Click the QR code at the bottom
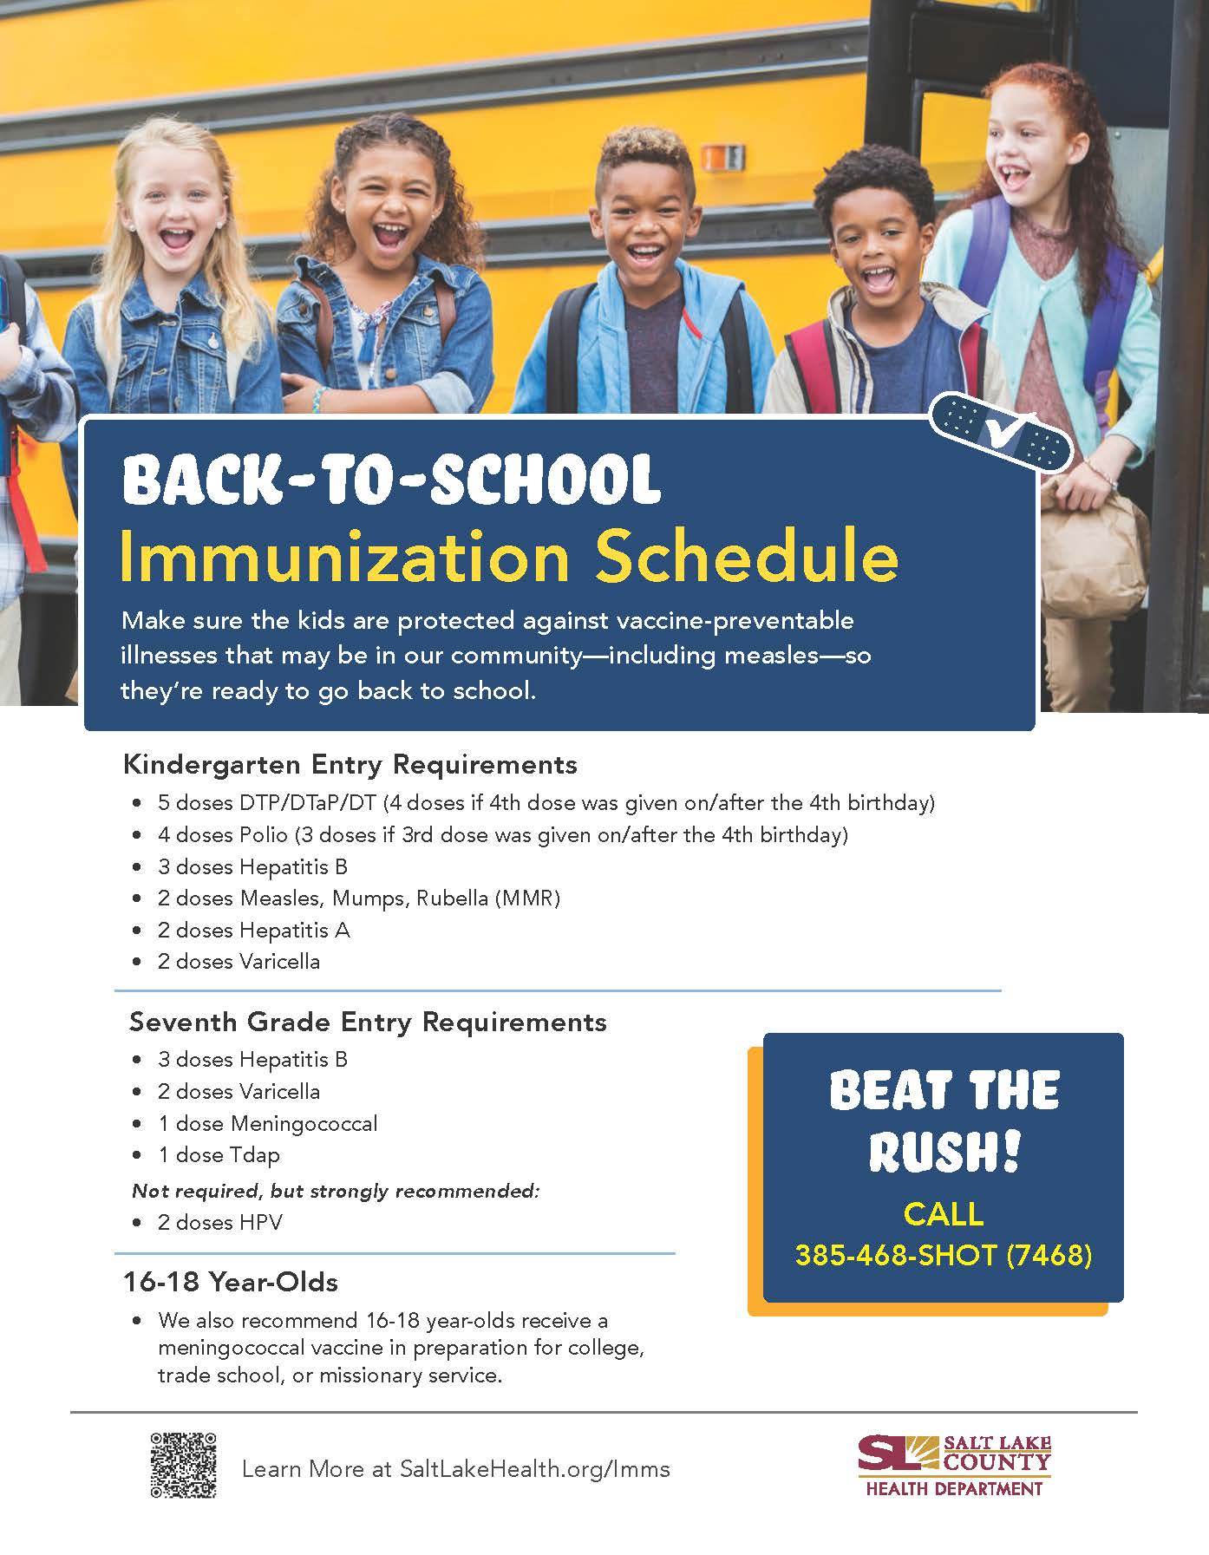pyautogui.click(x=183, y=1465)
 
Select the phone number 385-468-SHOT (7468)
pyautogui.click(x=944, y=1255)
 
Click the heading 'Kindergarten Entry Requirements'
pyautogui.click(x=350, y=764)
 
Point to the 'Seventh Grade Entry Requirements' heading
pyautogui.click(x=368, y=1022)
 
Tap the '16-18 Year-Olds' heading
pyautogui.click(x=230, y=1282)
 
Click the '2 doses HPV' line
pyautogui.click(x=219, y=1222)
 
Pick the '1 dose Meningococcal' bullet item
pyautogui.click(x=267, y=1124)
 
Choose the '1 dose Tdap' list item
pyautogui.click(x=219, y=1155)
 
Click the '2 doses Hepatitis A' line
pyautogui.click(x=253, y=930)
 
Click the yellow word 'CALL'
pyautogui.click(x=944, y=1213)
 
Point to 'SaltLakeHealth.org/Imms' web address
pyautogui.click(x=534, y=1469)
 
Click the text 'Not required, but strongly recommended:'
pyautogui.click(x=336, y=1191)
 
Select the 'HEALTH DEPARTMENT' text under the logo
pyautogui.click(x=954, y=1489)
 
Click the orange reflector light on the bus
pyautogui.click(x=722, y=158)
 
